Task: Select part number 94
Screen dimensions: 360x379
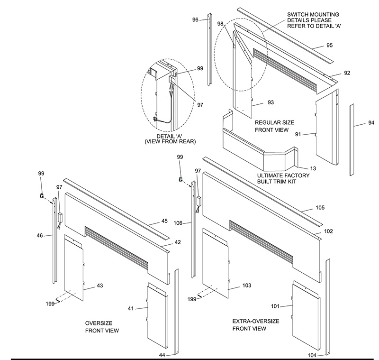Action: point(371,123)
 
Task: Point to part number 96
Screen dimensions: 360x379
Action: point(195,19)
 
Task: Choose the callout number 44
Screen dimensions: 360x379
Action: point(162,355)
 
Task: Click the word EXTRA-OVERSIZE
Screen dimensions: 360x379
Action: point(255,322)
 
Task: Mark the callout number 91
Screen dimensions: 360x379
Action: point(298,134)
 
